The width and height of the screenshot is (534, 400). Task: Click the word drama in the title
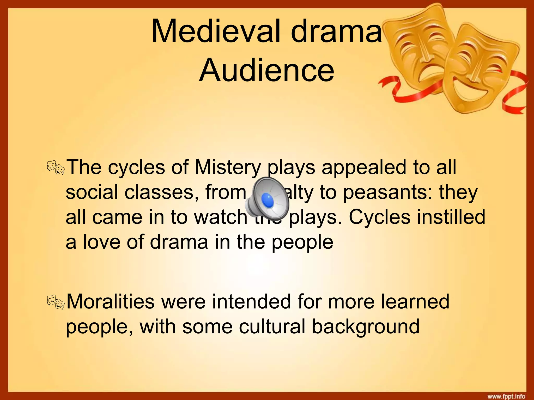(336, 32)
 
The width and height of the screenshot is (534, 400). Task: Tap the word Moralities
(111, 302)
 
